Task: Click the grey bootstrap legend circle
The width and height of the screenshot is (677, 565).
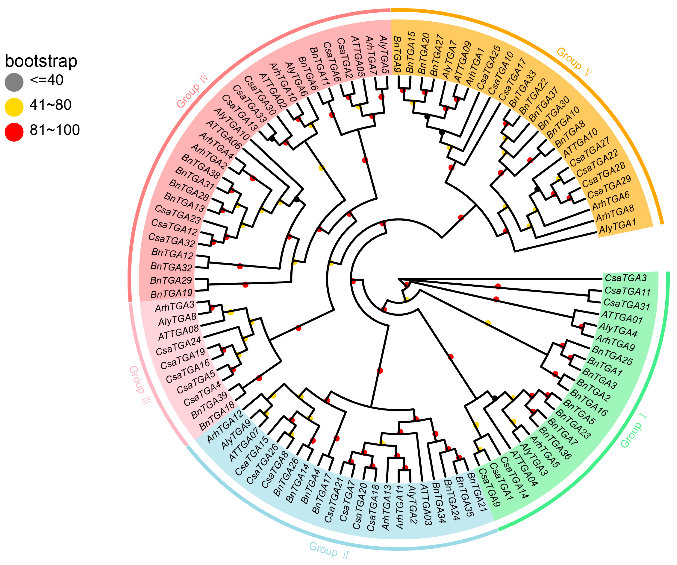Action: [x=14, y=82]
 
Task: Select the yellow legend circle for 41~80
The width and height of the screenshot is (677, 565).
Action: [x=14, y=107]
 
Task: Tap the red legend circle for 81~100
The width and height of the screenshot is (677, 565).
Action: [x=14, y=132]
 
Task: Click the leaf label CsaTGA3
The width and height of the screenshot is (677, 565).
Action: [x=625, y=278]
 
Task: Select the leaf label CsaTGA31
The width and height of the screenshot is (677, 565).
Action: [x=626, y=304]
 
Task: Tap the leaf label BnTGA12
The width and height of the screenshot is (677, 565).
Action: [x=172, y=254]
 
